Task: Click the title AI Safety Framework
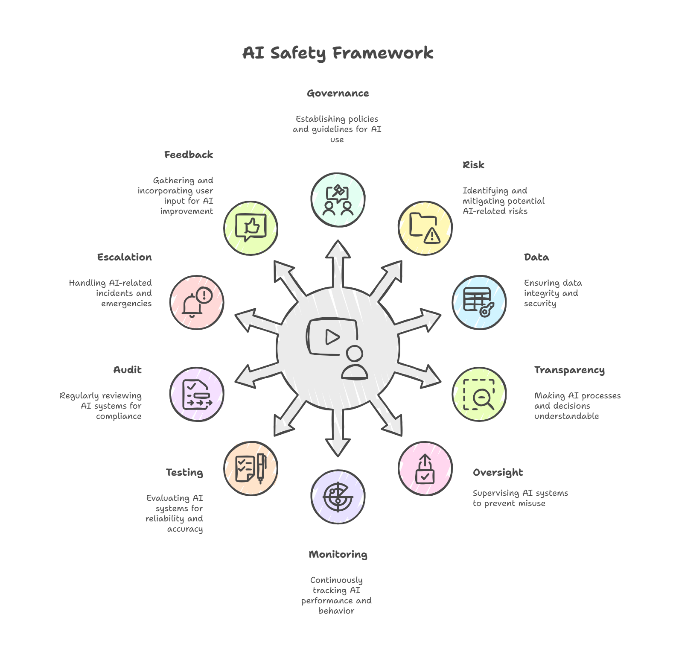point(338,53)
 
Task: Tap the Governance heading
point(338,94)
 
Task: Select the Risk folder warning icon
point(425,228)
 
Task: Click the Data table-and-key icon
point(479,302)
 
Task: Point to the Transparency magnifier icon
point(479,395)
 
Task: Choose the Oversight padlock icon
point(425,469)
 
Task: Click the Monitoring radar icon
point(338,496)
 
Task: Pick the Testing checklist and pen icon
point(251,468)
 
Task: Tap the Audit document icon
point(197,395)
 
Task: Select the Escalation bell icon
point(197,302)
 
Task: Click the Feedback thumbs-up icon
point(251,228)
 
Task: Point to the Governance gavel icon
point(338,199)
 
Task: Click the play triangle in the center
point(332,337)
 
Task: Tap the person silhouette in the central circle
point(354,363)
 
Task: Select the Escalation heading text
point(124,257)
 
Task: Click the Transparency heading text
point(569,370)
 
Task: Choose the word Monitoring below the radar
point(338,555)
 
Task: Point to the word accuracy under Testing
point(185,529)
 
